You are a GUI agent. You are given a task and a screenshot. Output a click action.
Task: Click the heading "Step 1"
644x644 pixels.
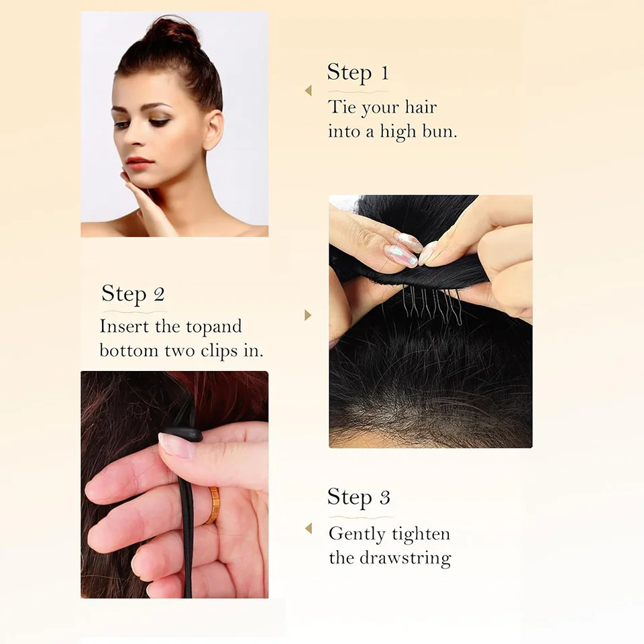(358, 72)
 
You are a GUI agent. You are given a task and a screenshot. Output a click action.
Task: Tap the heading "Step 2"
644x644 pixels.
(133, 294)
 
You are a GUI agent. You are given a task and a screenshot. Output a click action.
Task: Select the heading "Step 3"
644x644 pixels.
(358, 497)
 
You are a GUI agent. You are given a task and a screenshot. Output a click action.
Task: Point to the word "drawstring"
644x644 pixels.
(405, 559)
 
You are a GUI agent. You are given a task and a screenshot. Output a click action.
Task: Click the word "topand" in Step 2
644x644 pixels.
(213, 327)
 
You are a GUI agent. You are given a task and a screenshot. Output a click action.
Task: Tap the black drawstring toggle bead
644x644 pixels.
(181, 434)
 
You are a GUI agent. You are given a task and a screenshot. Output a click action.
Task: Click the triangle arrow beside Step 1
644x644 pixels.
(309, 91)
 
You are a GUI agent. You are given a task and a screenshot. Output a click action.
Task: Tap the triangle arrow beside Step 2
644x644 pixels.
(308, 315)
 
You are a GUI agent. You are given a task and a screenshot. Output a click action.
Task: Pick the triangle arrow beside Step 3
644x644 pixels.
(309, 529)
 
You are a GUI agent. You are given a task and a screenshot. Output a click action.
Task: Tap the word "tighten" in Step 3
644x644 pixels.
(421, 535)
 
